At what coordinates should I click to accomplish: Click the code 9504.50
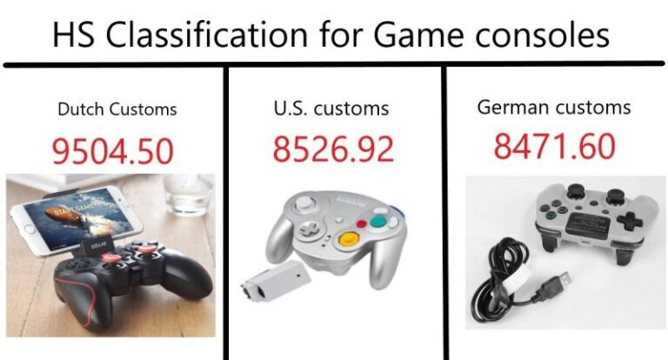(113, 151)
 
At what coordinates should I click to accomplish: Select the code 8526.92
(333, 149)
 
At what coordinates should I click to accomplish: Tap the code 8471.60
(554, 146)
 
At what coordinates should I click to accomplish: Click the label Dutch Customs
(117, 109)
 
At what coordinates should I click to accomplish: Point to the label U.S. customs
(331, 108)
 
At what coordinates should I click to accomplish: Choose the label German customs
(554, 106)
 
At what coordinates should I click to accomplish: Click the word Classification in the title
(206, 34)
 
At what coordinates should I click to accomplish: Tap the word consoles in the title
(543, 35)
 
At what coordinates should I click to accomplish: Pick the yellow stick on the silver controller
(349, 238)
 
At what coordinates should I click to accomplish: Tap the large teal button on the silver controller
(377, 222)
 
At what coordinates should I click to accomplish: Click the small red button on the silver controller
(362, 223)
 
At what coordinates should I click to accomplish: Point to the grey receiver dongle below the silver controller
(276, 280)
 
